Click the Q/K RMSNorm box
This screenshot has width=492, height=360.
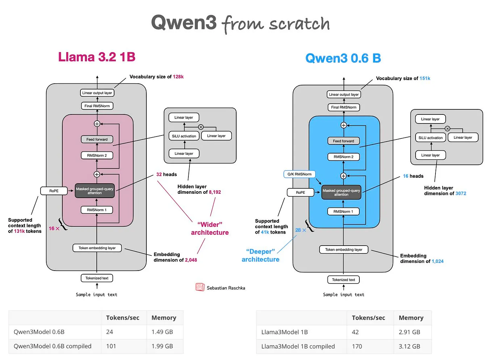pyautogui.click(x=300, y=174)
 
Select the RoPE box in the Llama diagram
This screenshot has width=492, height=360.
pyautogui.click(x=54, y=191)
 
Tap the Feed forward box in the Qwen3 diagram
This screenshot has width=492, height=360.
pyautogui.click(x=344, y=141)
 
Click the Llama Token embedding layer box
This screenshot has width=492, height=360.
pyautogui.click(x=97, y=248)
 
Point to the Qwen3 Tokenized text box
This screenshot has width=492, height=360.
pyautogui.click(x=344, y=280)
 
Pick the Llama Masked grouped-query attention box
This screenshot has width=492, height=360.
pyautogui.click(x=95, y=191)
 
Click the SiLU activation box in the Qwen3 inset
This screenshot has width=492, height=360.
pyautogui.click(x=431, y=138)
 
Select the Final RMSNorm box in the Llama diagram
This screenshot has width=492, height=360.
pyautogui.click(x=97, y=106)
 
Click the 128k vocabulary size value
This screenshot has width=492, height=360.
pyautogui.click(x=178, y=77)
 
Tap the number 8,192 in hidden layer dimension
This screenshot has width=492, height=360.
pyautogui.click(x=215, y=192)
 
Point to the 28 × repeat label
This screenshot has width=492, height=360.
pyautogui.click(x=301, y=230)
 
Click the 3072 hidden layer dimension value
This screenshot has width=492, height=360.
pyautogui.click(x=461, y=194)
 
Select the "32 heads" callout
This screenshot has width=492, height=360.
pyautogui.click(x=167, y=175)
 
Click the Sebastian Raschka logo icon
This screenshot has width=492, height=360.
pyautogui.click(x=200, y=287)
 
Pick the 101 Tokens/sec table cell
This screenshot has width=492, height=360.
pyautogui.click(x=111, y=346)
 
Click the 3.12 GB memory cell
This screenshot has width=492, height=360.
pyautogui.click(x=410, y=347)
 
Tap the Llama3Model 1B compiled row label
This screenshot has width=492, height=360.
pyautogui.click(x=298, y=347)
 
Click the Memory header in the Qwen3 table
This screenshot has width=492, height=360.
pyautogui.click(x=164, y=318)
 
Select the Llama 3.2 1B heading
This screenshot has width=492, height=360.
pyautogui.click(x=97, y=57)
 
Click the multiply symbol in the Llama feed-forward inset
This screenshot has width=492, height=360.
pyautogui.click(x=201, y=127)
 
